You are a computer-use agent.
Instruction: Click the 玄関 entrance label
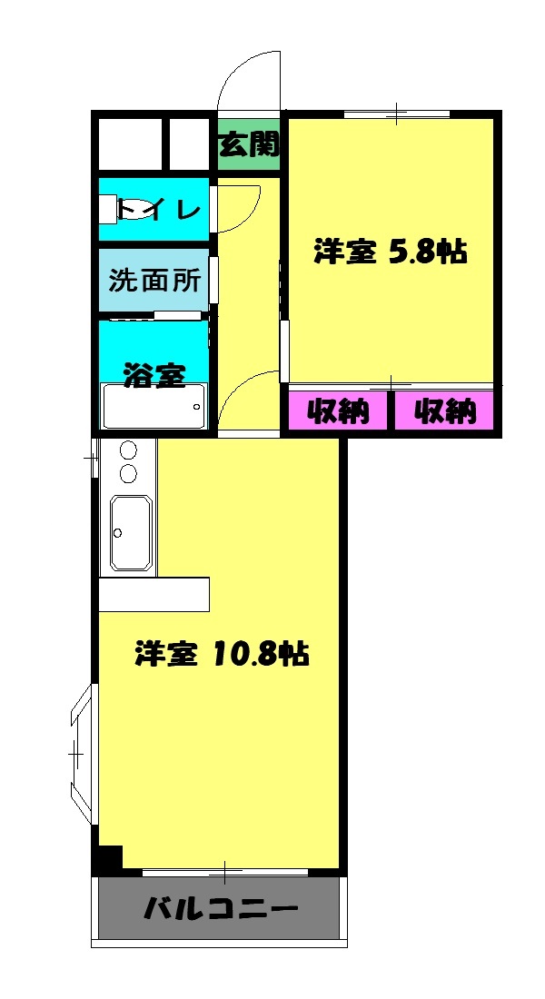point(248,144)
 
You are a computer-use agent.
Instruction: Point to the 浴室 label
point(155,373)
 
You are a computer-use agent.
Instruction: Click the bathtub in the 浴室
point(154,406)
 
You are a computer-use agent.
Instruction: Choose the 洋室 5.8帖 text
point(391,252)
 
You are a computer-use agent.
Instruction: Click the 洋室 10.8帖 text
point(223,653)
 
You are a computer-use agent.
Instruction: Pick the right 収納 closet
point(445,411)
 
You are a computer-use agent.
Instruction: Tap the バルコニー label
point(221,908)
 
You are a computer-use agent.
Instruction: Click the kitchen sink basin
point(131,533)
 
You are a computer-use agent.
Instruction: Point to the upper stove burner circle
point(128,451)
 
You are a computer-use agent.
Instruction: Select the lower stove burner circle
point(128,473)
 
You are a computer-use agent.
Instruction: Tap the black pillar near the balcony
point(109,857)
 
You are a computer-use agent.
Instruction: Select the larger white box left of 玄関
point(130,144)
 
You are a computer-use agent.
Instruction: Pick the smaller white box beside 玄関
point(189,144)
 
